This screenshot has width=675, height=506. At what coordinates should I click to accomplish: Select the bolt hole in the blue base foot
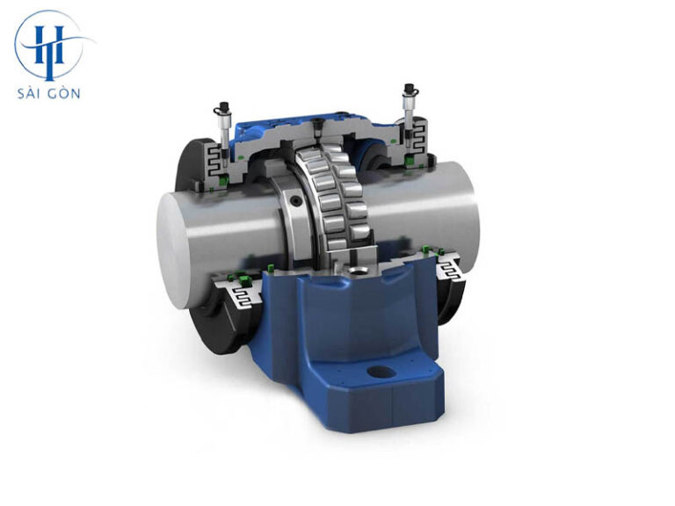pos(381,373)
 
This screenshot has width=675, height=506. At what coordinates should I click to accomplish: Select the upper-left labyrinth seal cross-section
pos(215,163)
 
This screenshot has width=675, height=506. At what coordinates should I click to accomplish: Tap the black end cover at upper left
pos(189,167)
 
